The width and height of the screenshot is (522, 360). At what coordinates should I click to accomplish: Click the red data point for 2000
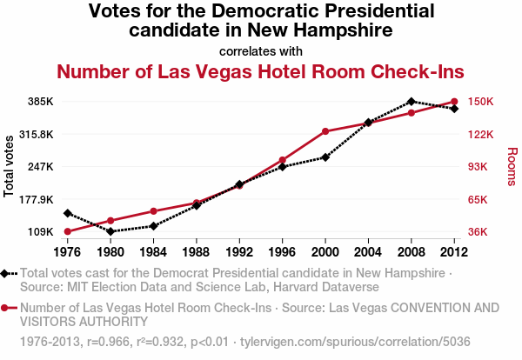point(325,131)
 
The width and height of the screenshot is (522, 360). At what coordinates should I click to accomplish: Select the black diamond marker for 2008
point(412,102)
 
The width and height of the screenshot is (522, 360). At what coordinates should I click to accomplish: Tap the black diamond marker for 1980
point(110,231)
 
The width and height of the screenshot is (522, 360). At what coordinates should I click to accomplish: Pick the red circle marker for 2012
point(454,102)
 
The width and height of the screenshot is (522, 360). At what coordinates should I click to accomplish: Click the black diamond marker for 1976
point(68,213)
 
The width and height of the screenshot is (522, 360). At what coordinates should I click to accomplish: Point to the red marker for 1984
point(153,211)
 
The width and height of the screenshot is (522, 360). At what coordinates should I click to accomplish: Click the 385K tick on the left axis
point(41,102)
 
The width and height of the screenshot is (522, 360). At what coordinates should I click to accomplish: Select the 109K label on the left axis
point(41,232)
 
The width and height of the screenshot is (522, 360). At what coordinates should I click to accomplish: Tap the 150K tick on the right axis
point(481,102)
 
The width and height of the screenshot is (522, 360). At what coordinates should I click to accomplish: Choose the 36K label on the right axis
point(478,232)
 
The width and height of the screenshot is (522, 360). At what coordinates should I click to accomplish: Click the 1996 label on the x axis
point(282,252)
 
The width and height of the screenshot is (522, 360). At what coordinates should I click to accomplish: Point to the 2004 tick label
point(368,252)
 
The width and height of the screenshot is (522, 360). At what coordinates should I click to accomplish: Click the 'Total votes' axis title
point(10,166)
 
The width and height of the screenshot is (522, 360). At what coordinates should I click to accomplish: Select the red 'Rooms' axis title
point(512,166)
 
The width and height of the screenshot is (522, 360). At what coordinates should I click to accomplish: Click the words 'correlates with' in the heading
point(261,50)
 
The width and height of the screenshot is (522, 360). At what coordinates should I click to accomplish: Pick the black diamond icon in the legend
point(7,273)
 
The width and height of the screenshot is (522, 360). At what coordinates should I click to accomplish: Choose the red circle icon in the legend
point(7,308)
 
